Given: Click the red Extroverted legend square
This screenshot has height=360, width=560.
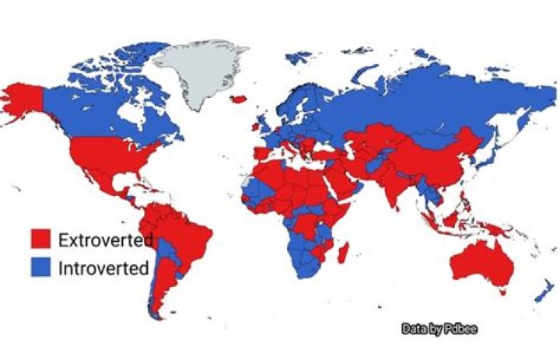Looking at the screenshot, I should (x=40, y=239).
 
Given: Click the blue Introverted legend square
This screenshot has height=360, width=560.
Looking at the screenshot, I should (x=40, y=267).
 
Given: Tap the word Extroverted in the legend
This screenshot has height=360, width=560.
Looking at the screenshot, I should (x=104, y=239).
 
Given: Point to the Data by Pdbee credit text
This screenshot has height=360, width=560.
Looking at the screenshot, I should (x=439, y=329).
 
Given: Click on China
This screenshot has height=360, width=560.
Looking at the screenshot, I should (x=436, y=156).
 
